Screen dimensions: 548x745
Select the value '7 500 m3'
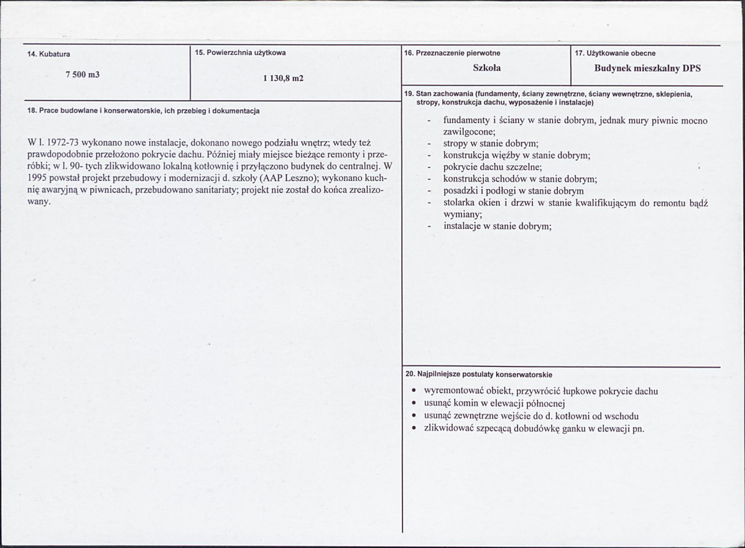tap(83, 75)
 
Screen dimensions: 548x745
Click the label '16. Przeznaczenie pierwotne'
tap(452, 53)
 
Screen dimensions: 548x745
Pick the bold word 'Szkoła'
tap(487, 68)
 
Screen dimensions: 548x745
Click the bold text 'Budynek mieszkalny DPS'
tap(647, 68)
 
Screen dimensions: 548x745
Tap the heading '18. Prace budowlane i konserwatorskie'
tap(144, 111)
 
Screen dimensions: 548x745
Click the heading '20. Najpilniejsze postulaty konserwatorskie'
tap(478, 374)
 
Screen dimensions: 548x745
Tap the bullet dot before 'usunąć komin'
tap(414, 403)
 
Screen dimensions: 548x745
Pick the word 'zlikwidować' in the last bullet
tap(449, 428)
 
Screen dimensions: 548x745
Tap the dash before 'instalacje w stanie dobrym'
tap(429, 226)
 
